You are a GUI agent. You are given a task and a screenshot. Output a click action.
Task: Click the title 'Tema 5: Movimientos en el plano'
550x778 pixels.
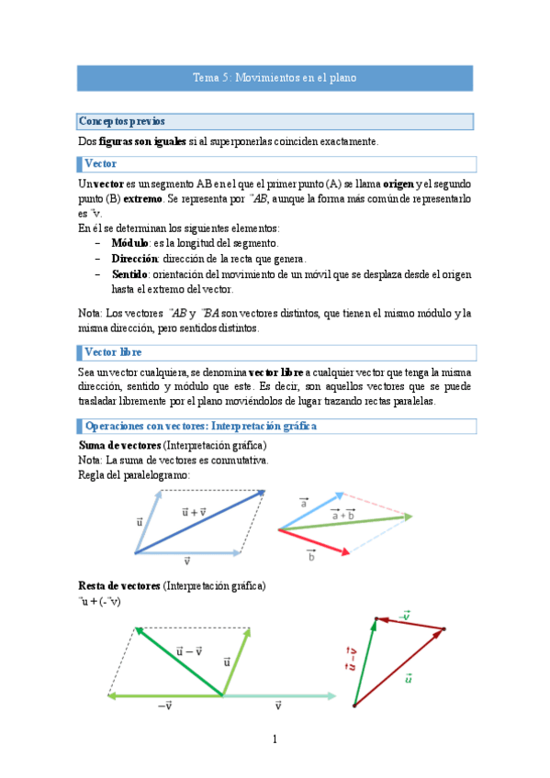275,79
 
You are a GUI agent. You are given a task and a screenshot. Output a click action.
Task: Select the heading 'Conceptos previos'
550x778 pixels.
122,121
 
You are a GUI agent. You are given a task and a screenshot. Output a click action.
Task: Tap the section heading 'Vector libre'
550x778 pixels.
113,352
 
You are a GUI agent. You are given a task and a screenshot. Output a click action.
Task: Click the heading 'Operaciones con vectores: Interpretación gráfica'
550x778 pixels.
200,427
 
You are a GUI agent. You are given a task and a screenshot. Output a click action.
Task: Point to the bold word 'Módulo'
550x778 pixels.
129,243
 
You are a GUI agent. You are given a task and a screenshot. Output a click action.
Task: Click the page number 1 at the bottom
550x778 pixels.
274,739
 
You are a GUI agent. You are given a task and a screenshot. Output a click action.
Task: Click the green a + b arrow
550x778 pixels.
345,523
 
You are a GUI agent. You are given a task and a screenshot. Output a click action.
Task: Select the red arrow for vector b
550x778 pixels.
314,541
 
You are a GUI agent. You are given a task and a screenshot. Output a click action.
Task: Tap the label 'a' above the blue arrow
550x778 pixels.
303,504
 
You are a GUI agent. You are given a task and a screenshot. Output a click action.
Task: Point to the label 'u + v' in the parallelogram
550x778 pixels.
194,511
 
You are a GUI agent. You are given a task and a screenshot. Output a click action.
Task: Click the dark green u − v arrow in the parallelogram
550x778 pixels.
179,661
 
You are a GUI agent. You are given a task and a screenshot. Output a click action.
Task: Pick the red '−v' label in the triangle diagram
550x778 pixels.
405,616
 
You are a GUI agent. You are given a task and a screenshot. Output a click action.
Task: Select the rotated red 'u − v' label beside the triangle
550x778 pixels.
350,656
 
